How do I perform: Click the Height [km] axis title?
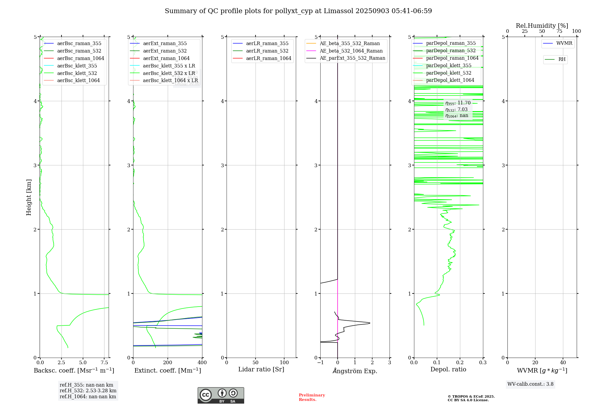(29, 197)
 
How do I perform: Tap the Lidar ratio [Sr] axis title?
(261, 369)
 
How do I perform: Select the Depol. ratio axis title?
(448, 369)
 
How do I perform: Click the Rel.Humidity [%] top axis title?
(542, 26)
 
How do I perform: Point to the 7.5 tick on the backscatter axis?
(104, 363)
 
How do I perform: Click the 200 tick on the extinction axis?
(168, 363)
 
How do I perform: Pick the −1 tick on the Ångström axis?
(320, 363)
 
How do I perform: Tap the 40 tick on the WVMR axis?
(563, 363)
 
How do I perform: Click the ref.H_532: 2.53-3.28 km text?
(88, 391)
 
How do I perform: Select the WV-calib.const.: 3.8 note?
(530, 384)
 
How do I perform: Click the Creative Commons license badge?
(221, 396)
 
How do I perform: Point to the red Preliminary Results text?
(312, 397)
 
